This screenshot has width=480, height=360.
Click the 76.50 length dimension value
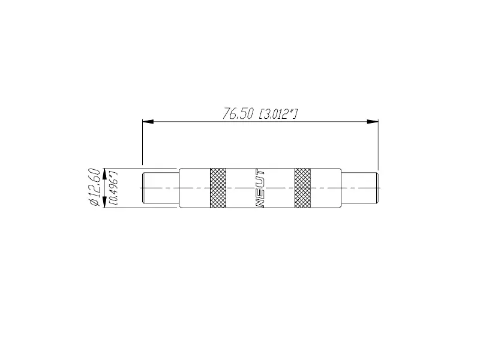[238, 114]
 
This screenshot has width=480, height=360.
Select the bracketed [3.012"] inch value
[278, 114]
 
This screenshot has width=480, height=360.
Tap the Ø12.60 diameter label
[94, 187]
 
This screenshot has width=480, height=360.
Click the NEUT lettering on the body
[260, 188]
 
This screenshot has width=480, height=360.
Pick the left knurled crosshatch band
[218, 188]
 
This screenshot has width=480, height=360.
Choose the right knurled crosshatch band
[303, 188]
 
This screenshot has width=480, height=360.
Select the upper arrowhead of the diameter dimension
[106, 173]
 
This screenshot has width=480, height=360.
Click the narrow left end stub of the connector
[160, 188]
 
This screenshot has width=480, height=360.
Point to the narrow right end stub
[359, 188]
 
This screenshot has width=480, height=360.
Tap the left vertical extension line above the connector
[142, 144]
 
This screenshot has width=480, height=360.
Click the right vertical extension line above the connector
[378, 144]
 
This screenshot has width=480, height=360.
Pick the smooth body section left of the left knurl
[194, 188]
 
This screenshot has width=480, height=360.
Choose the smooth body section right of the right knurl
[326, 188]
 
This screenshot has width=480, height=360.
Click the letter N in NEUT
[260, 203]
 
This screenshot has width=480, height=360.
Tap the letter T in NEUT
[260, 173]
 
